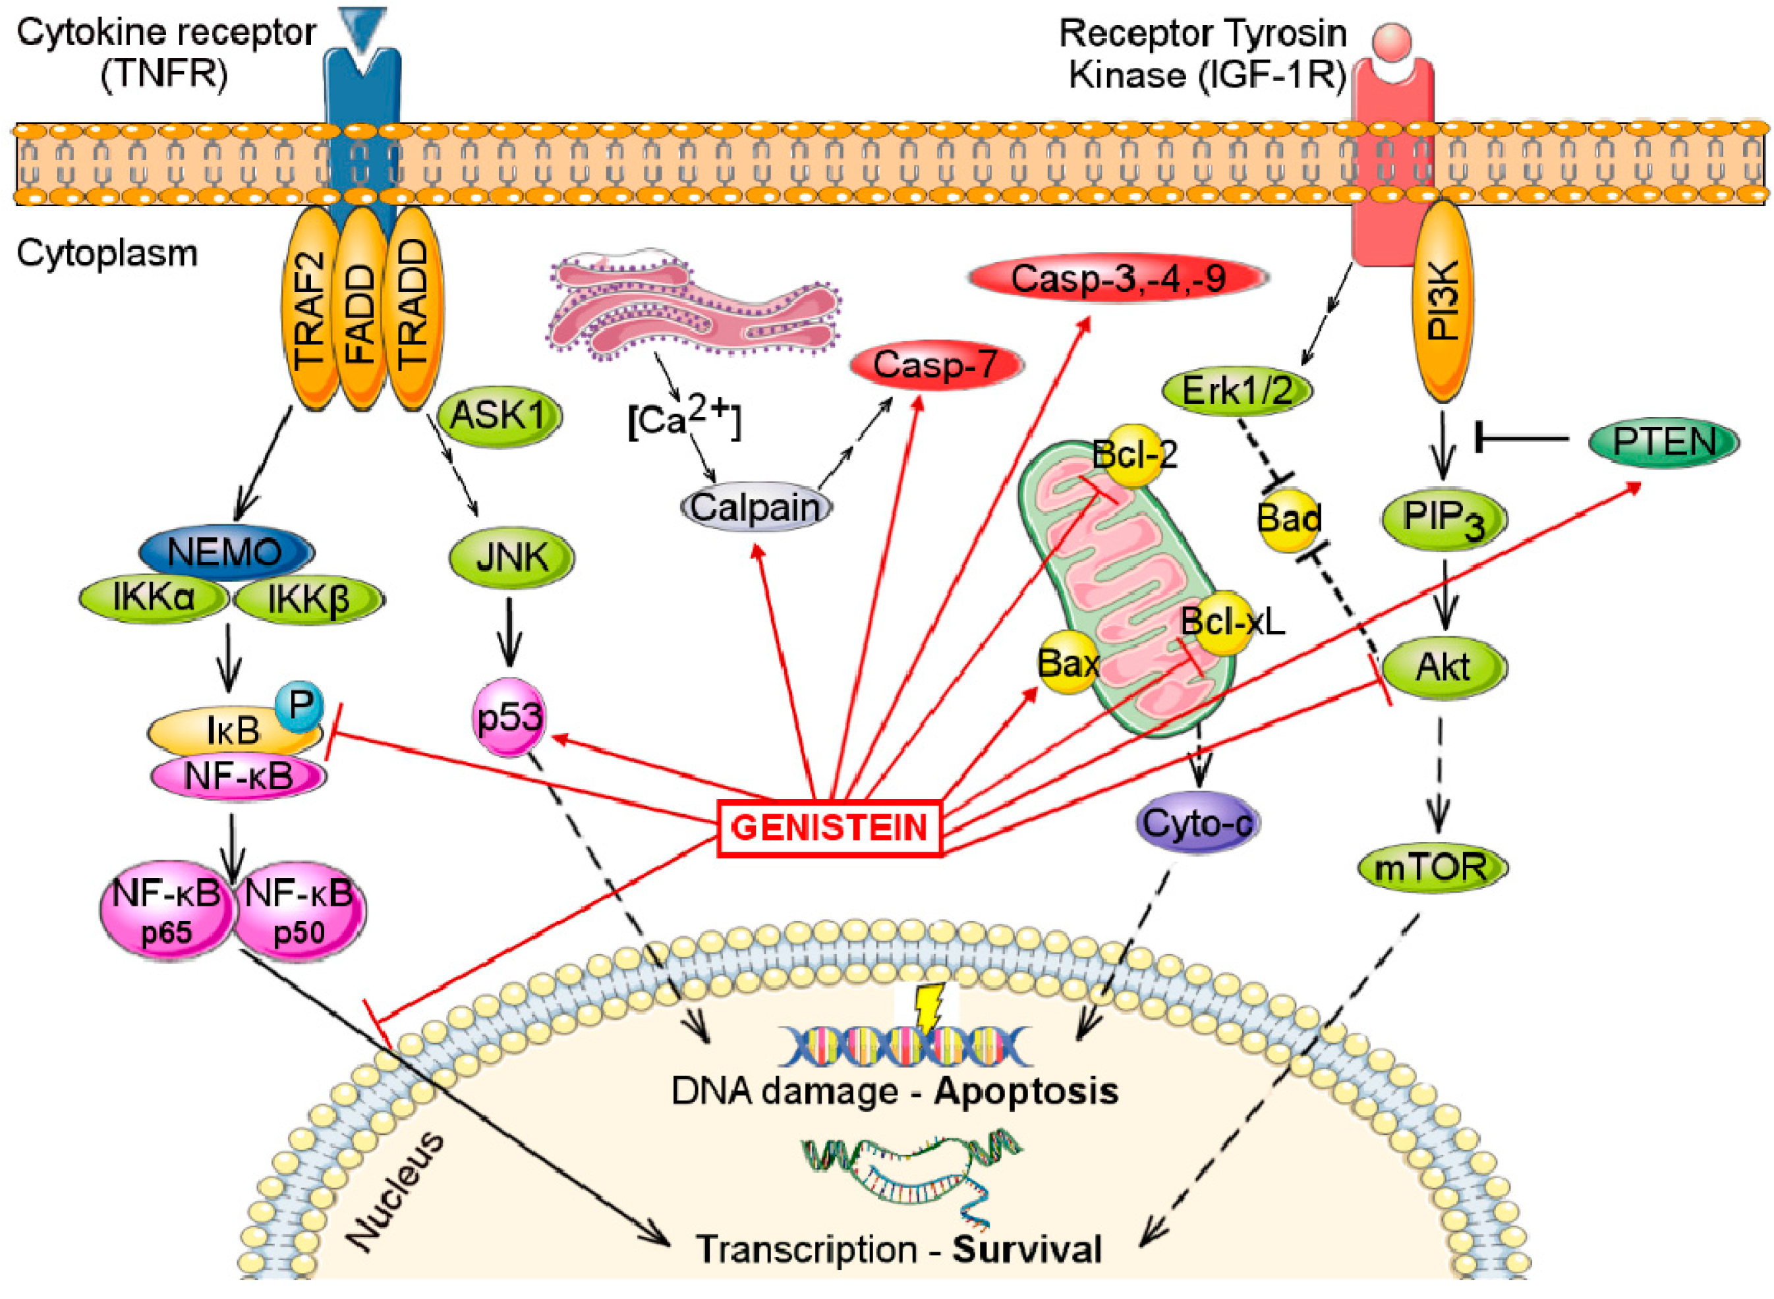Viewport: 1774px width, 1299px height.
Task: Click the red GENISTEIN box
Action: (829, 827)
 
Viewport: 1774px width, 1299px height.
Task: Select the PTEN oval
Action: (1663, 442)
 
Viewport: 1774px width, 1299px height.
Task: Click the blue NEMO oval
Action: (226, 552)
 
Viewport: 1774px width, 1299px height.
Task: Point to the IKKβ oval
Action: (308, 600)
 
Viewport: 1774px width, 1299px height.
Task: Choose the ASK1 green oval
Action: (498, 415)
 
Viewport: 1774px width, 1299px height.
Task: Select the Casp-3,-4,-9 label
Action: (1117, 277)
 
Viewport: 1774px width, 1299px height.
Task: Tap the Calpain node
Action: (755, 507)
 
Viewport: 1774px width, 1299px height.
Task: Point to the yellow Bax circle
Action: (1067, 663)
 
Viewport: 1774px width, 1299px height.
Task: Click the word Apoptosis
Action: (1026, 1092)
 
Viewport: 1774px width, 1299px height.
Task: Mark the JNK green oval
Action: (511, 557)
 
